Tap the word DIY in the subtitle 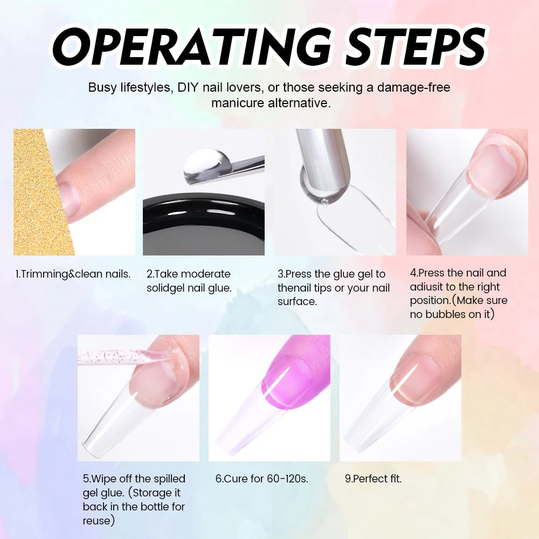coord(188,87)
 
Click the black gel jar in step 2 coord(204,224)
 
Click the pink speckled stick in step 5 coord(120,357)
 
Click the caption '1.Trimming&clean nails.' coord(73,274)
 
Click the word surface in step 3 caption coord(297,301)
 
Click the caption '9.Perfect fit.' coord(374,479)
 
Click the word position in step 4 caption coord(430,301)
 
